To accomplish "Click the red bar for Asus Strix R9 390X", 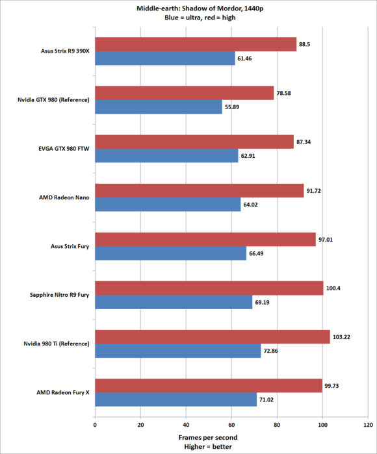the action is (196, 44).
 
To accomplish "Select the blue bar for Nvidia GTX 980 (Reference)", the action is (159, 107).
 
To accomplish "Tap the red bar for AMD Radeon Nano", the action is (200, 191).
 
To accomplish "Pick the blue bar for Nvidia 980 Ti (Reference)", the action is (178, 351).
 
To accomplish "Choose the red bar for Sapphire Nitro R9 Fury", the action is (209, 288).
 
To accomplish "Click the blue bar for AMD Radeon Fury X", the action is (176, 399).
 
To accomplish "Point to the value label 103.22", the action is (341, 337).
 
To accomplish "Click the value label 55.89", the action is (232, 107).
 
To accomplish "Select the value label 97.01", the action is (326, 240).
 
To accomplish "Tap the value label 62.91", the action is (248, 156).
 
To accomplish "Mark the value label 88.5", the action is (305, 44).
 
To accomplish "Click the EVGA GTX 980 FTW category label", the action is (64, 149).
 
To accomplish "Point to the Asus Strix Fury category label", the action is (70, 246).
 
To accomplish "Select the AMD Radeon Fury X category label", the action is (63, 392).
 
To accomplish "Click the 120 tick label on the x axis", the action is (369, 425).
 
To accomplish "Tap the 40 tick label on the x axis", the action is (186, 425).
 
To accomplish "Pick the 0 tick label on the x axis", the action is (95, 425).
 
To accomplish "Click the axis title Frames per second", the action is (208, 438).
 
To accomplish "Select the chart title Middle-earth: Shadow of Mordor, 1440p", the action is (200, 8).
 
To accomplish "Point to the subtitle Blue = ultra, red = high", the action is (200, 18).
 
